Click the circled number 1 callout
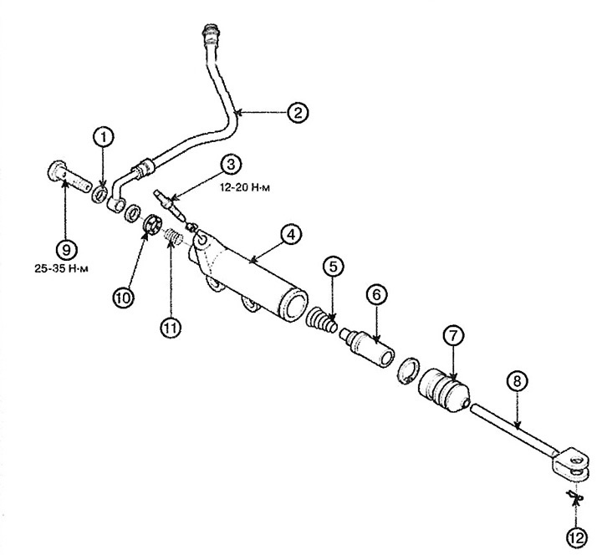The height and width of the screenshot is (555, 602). (x=104, y=137)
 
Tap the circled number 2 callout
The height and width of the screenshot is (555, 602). (x=298, y=112)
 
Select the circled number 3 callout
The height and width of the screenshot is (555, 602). (x=231, y=165)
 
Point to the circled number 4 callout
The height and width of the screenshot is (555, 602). (x=291, y=234)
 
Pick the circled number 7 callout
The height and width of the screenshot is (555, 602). (x=453, y=336)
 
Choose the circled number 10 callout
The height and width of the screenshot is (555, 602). (x=123, y=298)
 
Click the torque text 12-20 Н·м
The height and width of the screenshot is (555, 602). (x=245, y=188)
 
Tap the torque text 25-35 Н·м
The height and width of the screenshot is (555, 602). (x=61, y=268)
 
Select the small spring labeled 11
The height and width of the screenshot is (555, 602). (x=174, y=237)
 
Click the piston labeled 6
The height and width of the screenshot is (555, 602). (x=367, y=347)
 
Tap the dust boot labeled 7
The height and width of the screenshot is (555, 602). (x=444, y=390)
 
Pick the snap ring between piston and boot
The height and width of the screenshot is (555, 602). (x=407, y=370)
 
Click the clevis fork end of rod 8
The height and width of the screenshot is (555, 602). (x=570, y=465)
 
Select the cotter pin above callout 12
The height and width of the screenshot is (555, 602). (x=574, y=498)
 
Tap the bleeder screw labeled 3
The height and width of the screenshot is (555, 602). (x=171, y=204)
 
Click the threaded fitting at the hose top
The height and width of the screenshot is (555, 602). (x=211, y=33)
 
